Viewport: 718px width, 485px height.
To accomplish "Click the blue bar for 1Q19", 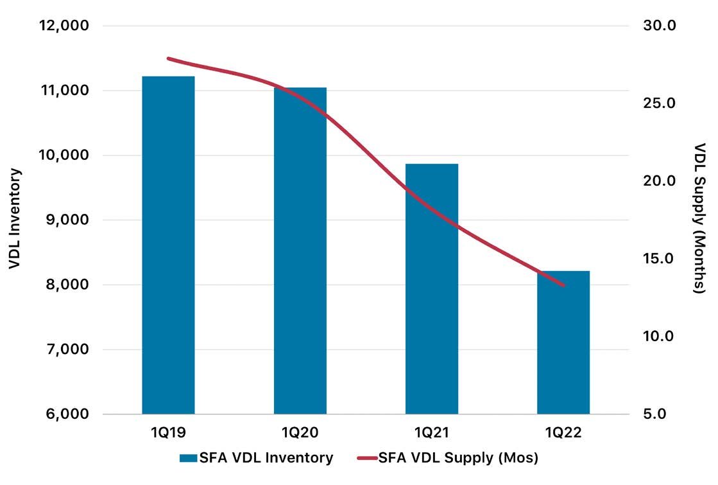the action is (169, 245).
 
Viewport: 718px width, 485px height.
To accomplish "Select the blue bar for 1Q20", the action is (300, 251).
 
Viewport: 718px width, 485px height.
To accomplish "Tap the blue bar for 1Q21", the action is (432, 289).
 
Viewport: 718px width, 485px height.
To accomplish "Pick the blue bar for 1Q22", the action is (563, 342).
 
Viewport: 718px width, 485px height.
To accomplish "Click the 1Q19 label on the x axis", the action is (169, 432).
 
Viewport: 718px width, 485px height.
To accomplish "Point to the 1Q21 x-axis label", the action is (432, 432).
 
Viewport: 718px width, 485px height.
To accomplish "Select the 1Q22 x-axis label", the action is (563, 432).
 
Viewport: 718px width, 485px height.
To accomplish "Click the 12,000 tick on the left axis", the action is (64, 26).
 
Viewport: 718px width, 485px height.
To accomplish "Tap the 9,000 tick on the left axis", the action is (67, 220).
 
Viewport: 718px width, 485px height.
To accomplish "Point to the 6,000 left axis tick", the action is (67, 414).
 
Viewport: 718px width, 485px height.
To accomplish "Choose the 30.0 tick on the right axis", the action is (660, 26).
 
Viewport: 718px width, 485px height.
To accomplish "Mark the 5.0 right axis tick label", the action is (655, 414).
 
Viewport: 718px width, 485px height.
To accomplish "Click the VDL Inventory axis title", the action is (15, 218).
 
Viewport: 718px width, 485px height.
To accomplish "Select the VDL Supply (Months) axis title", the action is (700, 218).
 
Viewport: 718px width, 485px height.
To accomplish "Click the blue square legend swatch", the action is (188, 458).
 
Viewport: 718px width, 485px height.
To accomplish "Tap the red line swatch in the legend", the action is (367, 458).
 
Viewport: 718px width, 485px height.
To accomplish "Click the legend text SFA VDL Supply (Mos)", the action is (458, 457).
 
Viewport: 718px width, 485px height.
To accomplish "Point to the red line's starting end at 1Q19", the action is (169, 58).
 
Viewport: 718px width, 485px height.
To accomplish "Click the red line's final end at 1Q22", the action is (563, 285).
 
